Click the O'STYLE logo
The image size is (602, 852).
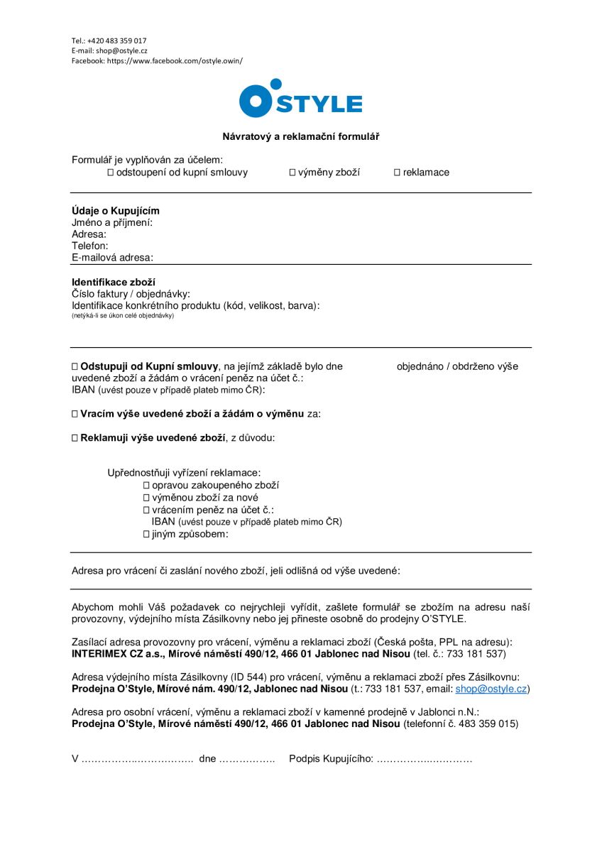pyautogui.click(x=300, y=99)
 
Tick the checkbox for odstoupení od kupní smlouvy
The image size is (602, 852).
pyautogui.click(x=111, y=173)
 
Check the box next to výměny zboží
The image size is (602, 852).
pyautogui.click(x=292, y=173)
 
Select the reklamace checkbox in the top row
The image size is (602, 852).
pyautogui.click(x=398, y=173)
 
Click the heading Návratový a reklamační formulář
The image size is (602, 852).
pyautogui.click(x=301, y=136)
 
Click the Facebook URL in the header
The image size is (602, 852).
pyautogui.click(x=175, y=61)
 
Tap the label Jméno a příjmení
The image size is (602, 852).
pyautogui.click(x=112, y=222)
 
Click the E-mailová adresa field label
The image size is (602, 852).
pyautogui.click(x=112, y=257)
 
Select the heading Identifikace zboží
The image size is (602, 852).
pyautogui.click(x=114, y=282)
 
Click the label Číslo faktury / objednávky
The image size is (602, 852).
pyautogui.click(x=131, y=294)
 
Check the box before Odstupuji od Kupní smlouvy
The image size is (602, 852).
pyautogui.click(x=75, y=367)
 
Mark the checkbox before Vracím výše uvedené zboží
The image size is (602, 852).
pyautogui.click(x=75, y=413)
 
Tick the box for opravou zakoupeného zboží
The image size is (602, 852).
pyautogui.click(x=146, y=485)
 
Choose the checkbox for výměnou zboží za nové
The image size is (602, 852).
pyautogui.click(x=146, y=498)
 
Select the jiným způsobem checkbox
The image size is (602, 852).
pyautogui.click(x=146, y=534)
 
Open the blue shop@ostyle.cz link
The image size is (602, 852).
pyautogui.click(x=491, y=689)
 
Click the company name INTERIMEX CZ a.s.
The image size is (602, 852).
pyautogui.click(x=117, y=653)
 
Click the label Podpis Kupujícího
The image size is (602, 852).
pyautogui.click(x=331, y=759)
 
